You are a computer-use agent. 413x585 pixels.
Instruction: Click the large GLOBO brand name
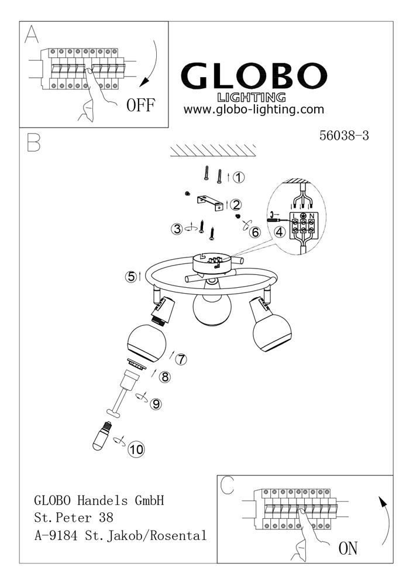pos(254,75)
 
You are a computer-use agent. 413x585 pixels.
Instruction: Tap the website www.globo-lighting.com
pos(254,110)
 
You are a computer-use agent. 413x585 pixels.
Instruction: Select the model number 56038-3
pos(344,135)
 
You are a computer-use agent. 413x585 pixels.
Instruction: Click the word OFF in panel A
pos(140,105)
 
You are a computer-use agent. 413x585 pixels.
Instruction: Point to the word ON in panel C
pos(347,548)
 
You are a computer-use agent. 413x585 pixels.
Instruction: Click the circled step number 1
pos(239,177)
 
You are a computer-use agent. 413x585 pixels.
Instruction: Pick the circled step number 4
pos(280,232)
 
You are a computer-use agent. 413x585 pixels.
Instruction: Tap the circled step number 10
pos(136,449)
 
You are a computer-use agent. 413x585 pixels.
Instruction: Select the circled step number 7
pos(181,359)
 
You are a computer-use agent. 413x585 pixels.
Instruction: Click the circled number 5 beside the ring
pos(131,277)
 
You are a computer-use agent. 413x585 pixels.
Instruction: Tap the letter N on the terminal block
pos(312,216)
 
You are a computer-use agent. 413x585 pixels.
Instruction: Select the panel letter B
pos(33,142)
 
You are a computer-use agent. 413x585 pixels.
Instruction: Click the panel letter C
pos(227,486)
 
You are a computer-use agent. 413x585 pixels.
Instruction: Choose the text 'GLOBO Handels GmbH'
pos(99,500)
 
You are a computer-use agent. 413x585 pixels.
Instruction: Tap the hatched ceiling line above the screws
pos(213,151)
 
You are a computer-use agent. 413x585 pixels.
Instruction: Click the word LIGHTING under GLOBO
pos(252,97)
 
